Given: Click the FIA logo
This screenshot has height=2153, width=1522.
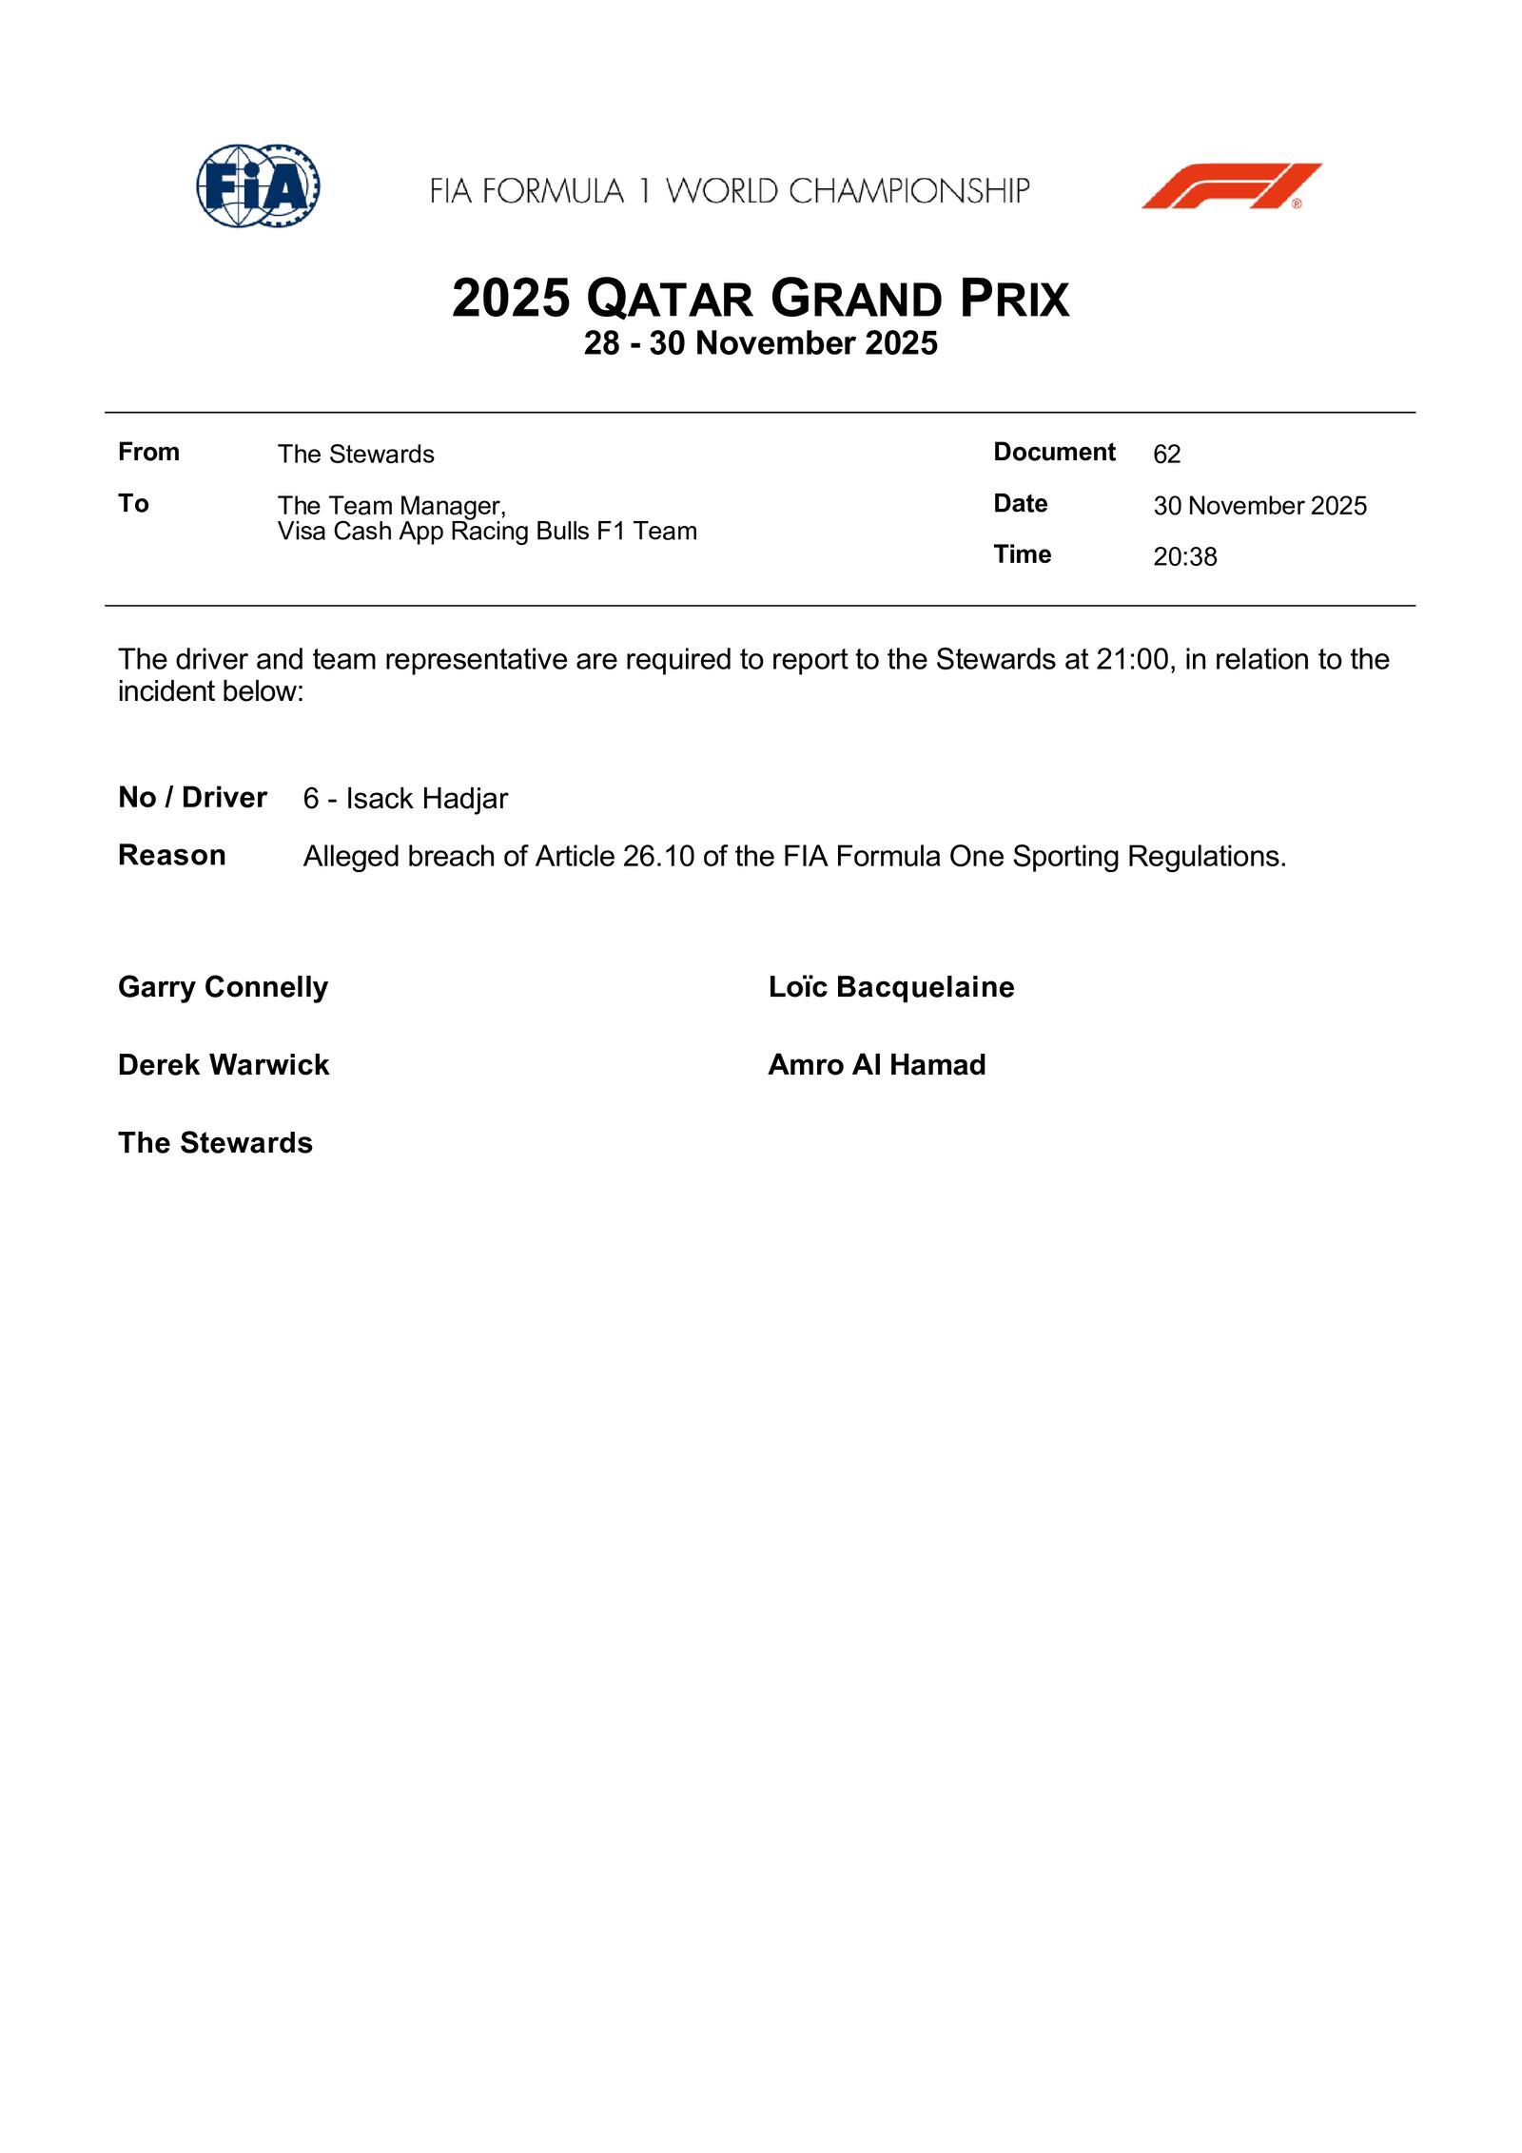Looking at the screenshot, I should (258, 186).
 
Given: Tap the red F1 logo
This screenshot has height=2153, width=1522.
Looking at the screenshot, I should (1231, 186).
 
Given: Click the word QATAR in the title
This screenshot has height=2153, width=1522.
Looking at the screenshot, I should (670, 300).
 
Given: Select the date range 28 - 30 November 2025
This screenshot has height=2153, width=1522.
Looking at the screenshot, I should (760, 343).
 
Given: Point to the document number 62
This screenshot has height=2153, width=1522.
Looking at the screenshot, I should (1166, 455).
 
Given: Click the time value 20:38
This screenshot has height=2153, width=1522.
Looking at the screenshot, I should (1184, 556).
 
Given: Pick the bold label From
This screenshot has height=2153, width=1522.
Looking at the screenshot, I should (148, 452).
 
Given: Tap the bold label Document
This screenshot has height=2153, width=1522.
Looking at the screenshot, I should (1054, 452).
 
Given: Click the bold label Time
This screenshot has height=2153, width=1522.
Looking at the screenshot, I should (1022, 554).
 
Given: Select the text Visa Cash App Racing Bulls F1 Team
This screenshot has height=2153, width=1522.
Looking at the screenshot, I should (487, 531).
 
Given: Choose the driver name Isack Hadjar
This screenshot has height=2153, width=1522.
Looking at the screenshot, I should (426, 799).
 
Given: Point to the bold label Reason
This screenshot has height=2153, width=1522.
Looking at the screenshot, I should (172, 855).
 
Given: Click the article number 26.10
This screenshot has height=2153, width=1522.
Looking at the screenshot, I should (658, 857).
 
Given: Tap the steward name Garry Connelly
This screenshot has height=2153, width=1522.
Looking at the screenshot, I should (223, 987).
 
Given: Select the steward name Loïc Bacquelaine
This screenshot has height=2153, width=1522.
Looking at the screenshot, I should (890, 987).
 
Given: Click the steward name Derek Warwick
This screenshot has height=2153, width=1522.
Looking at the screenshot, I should (224, 1065).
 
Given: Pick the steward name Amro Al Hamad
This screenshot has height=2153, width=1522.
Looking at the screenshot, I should (876, 1065).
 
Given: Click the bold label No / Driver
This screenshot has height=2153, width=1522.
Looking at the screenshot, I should (192, 797).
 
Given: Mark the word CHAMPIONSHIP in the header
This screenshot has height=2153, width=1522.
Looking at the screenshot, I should (908, 191).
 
